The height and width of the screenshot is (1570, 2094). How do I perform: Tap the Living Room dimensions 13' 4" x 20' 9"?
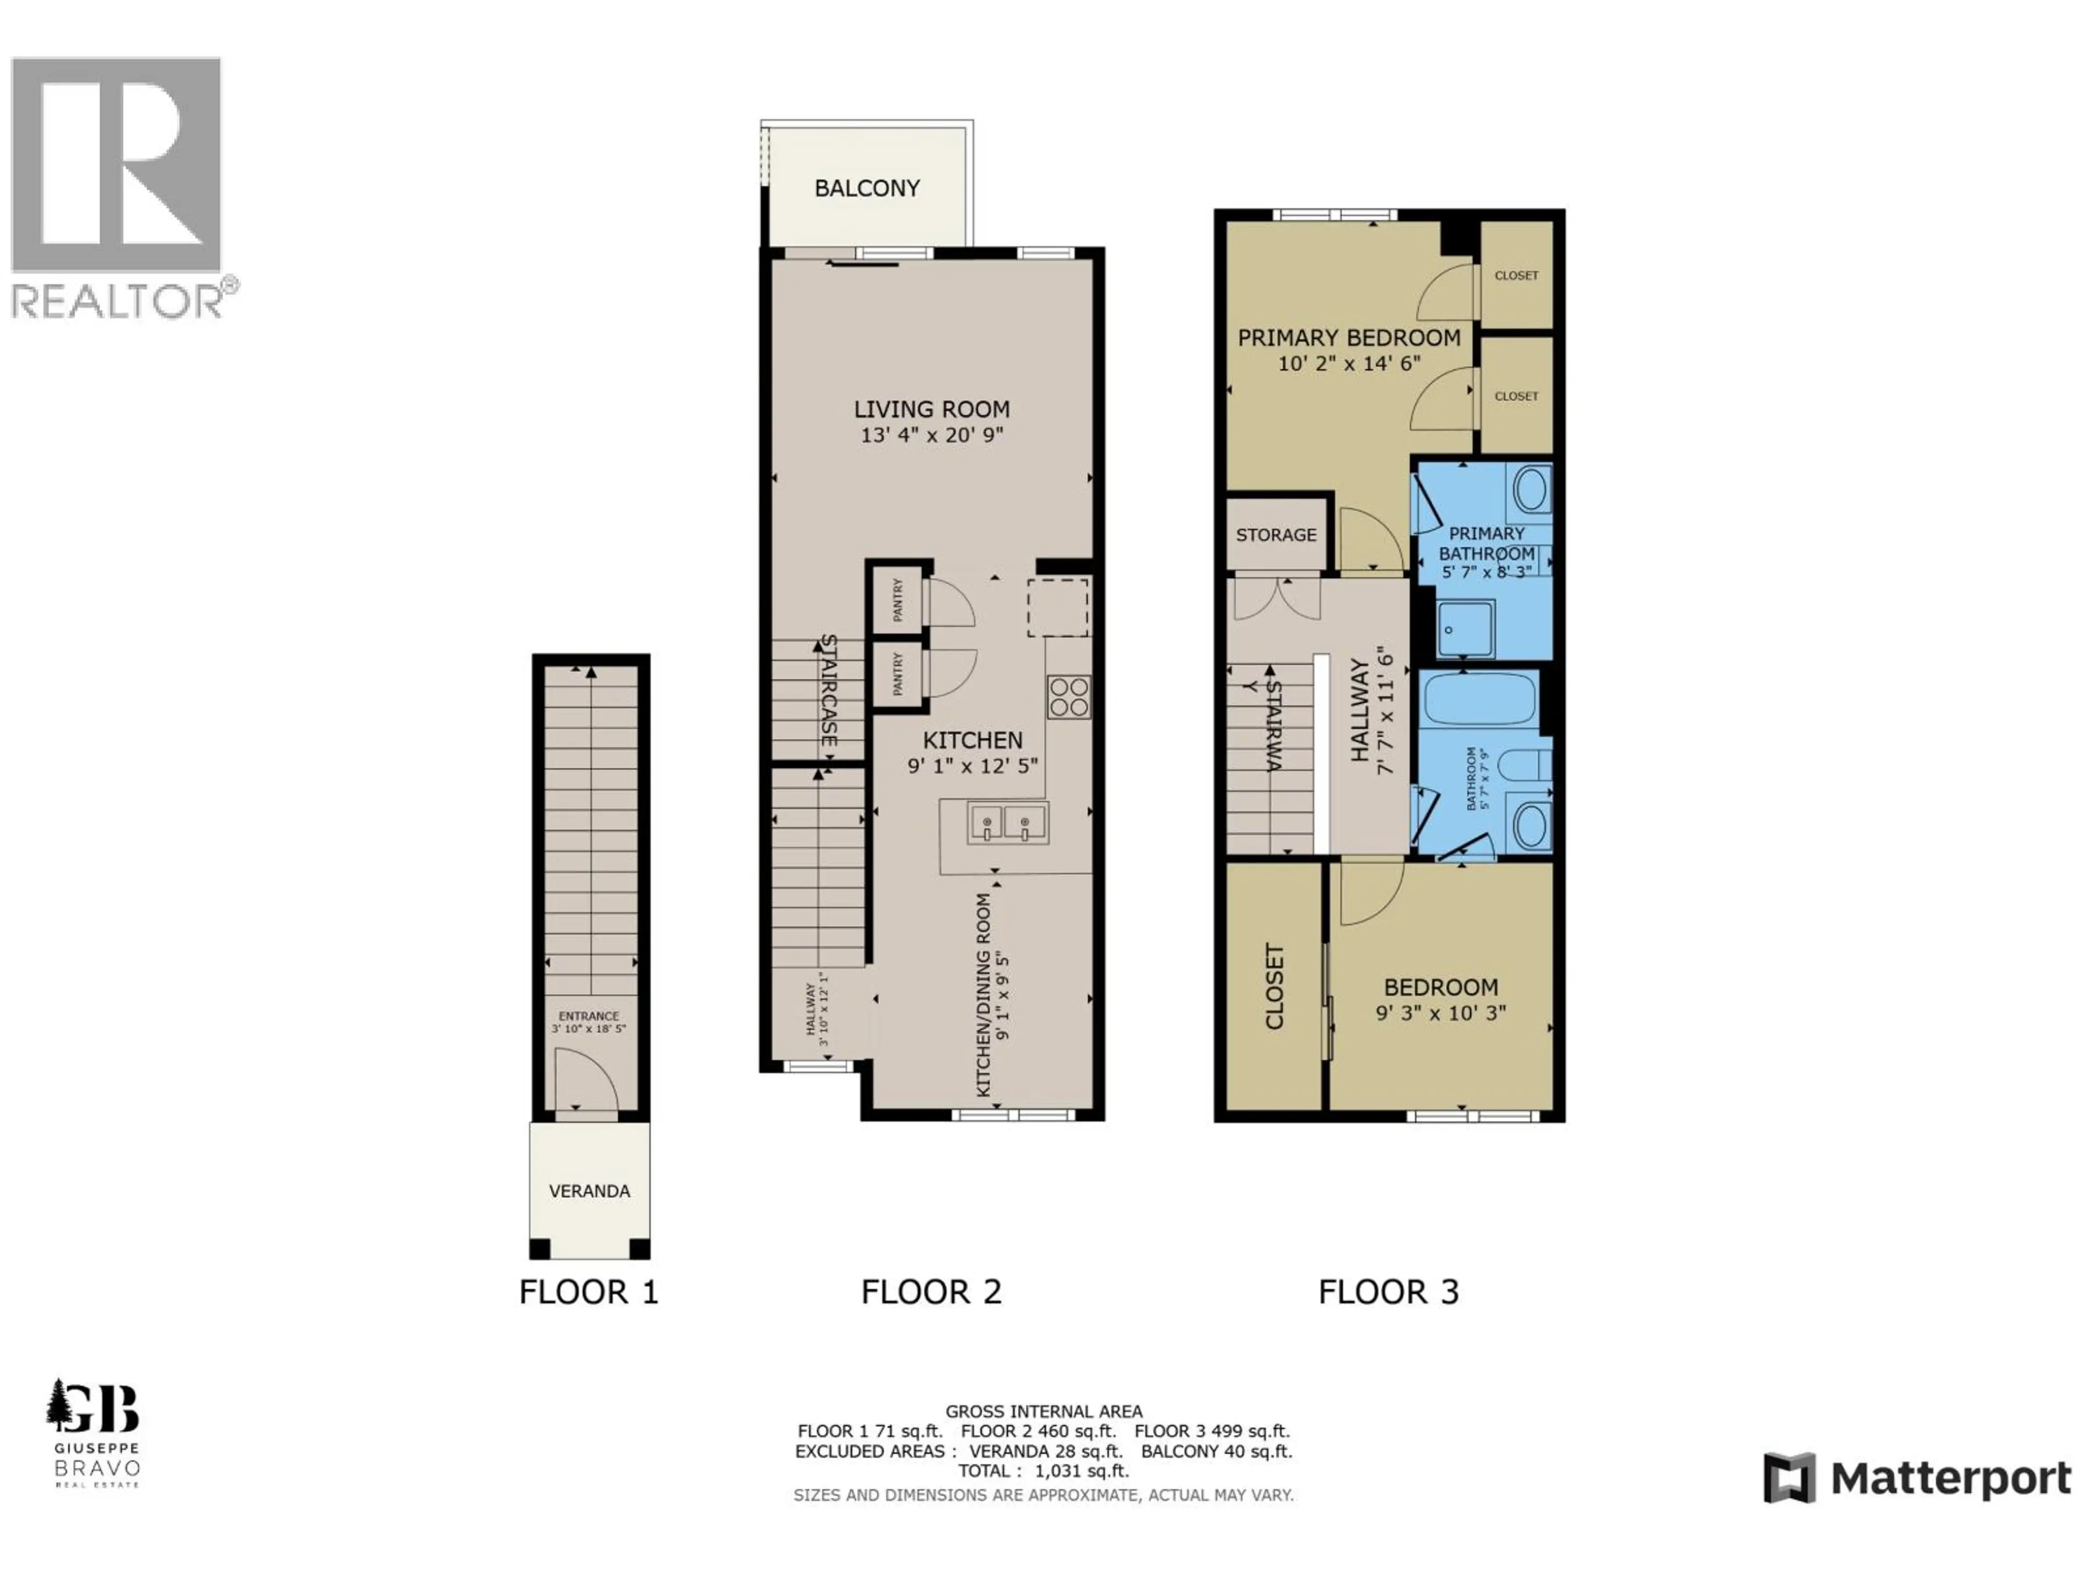tap(931, 436)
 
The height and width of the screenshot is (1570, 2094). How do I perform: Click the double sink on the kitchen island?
tap(1006, 823)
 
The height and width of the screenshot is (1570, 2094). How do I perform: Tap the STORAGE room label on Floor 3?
tap(1275, 535)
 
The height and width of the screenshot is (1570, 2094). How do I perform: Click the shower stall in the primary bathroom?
tap(1465, 629)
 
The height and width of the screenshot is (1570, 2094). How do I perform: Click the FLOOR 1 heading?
tap(588, 1292)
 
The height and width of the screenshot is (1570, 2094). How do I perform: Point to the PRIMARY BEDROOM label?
tap(1349, 338)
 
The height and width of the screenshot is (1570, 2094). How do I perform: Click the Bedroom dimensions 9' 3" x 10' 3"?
tap(1440, 1013)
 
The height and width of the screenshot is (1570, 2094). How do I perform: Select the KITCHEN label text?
tap(972, 740)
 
